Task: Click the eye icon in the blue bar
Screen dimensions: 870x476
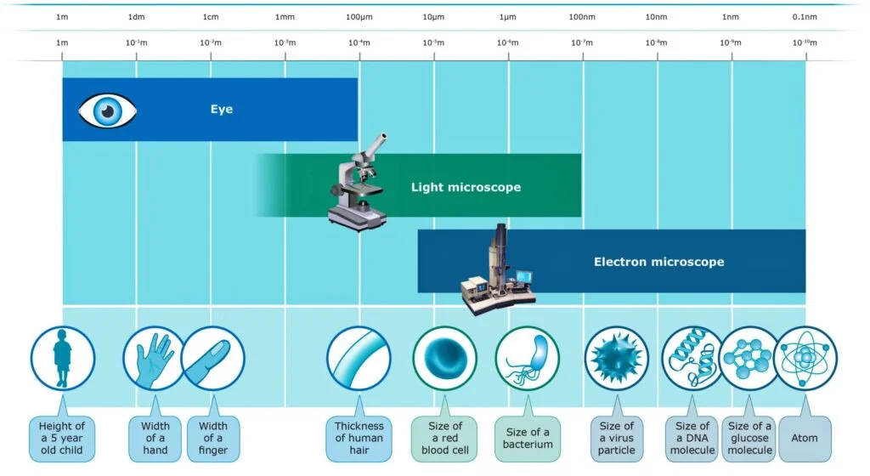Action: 107,110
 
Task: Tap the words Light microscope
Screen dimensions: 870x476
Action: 466,187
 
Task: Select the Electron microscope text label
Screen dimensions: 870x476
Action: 659,262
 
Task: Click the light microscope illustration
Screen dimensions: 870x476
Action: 359,182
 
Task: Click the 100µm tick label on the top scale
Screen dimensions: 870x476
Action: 359,17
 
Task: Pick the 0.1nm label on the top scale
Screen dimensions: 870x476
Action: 805,17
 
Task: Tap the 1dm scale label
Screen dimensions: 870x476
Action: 137,17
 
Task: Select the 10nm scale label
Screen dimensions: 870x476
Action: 657,17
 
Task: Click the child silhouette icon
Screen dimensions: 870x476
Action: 62,359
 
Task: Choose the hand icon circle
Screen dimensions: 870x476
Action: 155,359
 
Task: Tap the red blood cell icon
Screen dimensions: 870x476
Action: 445,359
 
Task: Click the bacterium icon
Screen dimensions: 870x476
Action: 527,359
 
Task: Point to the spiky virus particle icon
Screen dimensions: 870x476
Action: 617,359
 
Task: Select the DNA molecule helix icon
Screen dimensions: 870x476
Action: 692,359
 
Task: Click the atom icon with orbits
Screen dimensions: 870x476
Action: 805,359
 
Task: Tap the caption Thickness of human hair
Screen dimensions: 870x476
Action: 359,439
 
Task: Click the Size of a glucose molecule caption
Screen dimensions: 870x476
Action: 749,439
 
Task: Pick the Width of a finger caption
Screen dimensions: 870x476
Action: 213,439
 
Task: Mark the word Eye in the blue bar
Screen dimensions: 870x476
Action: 222,110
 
